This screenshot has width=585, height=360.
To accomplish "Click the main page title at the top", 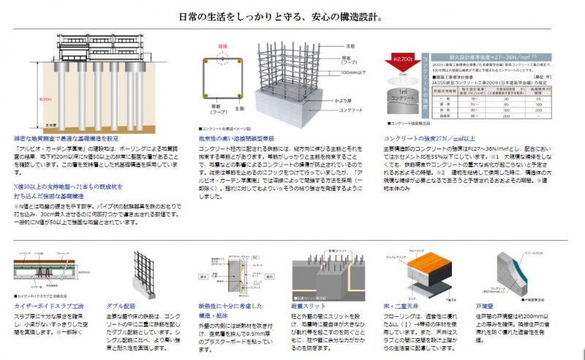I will tap(292, 15).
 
